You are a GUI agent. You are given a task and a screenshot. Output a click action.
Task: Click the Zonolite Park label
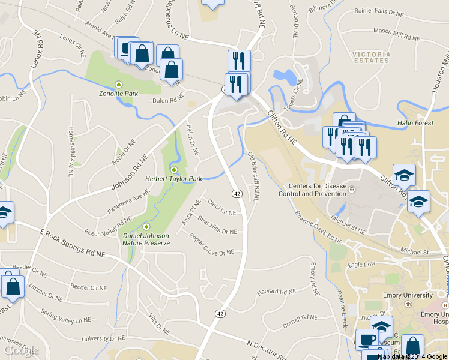tap(118, 94)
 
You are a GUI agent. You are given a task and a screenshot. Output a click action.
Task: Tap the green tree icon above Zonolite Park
tap(119, 84)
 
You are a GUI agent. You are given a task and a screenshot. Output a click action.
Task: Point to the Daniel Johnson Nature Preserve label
tap(146, 239)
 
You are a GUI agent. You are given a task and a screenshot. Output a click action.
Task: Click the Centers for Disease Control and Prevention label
tap(313, 190)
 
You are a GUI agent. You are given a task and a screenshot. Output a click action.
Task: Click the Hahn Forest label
tap(415, 124)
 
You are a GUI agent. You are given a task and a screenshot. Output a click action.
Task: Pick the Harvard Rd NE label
tap(277, 292)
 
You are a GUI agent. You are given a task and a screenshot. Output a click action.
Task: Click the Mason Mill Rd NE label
tap(396, 38)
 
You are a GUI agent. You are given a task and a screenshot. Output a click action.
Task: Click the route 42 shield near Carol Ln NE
tap(237, 193)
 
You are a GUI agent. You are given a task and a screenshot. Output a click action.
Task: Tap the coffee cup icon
tap(366, 339)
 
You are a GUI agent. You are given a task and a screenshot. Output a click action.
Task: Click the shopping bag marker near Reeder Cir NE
tap(13, 288)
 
